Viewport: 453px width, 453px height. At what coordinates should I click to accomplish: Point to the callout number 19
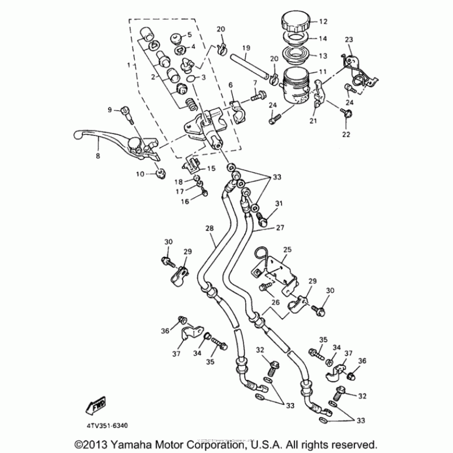[246, 48]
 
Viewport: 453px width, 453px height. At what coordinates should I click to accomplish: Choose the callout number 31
[279, 203]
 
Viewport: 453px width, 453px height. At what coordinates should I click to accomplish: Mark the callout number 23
[348, 39]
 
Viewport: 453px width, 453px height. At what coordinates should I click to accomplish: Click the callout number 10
[140, 174]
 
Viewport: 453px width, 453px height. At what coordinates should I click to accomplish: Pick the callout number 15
[211, 168]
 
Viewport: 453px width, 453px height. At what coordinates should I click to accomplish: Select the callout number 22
[345, 134]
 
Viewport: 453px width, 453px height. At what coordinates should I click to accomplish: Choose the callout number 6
[230, 85]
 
